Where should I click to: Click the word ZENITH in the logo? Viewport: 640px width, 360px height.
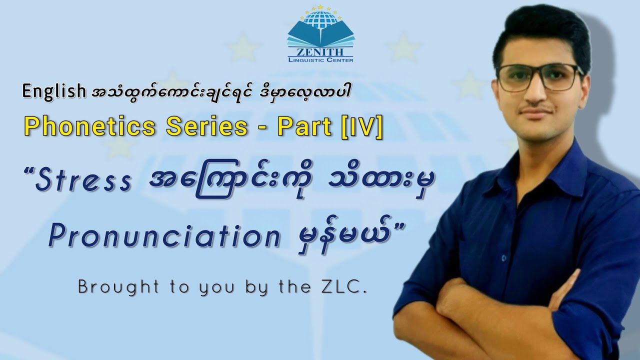tap(320, 51)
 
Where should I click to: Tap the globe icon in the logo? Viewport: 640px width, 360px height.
tap(320, 19)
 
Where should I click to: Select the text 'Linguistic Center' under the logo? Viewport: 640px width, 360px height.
tap(320, 60)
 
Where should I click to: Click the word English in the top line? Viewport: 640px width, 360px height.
tap(54, 91)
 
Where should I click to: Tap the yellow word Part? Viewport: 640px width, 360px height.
tap(305, 127)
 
